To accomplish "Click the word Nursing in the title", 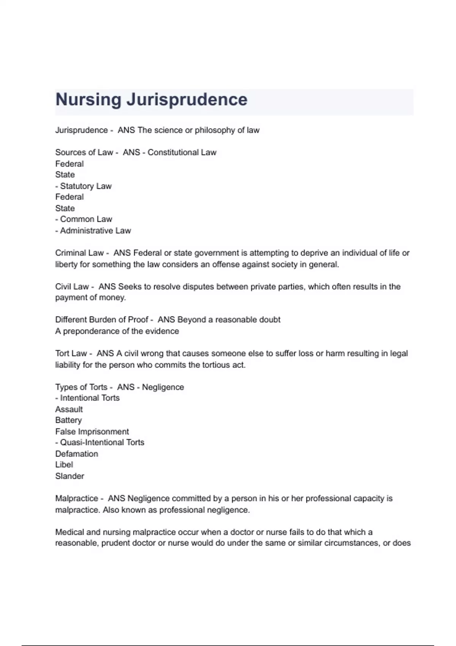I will pos(88,100).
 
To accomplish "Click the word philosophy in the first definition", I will pos(215,130).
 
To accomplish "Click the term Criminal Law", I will pos(79,253).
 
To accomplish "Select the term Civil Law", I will pos(72,287).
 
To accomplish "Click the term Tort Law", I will pos(71,353).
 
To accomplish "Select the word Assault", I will pos(69,409).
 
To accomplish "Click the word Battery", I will pos(68,420).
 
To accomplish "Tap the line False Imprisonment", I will pos(92,432).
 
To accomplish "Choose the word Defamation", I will pos(76,454).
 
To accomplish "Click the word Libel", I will pos(64,465).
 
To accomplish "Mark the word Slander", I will pos(70,476).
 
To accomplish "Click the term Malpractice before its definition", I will pos(76,499).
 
